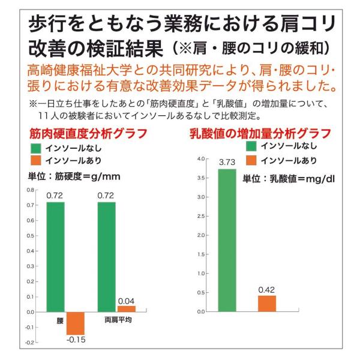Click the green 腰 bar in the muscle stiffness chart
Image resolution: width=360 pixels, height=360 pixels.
[55, 257]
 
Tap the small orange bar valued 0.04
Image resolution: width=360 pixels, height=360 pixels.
[126, 308]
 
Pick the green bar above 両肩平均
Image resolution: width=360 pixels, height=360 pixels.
[106, 257]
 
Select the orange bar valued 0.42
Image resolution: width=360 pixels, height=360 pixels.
[266, 304]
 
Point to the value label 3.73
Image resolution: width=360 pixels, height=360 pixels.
[226, 163]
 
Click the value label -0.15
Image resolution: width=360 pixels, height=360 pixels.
[76, 341]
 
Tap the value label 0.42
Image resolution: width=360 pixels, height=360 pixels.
[266, 290]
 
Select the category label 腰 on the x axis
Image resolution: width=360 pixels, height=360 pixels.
[59, 320]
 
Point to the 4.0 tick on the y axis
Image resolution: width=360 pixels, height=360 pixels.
[201, 159]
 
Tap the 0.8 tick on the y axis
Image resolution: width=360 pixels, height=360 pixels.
[31, 190]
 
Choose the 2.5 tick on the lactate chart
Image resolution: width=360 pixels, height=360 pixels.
[201, 216]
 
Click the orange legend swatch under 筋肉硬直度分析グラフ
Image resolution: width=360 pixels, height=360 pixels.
[36, 160]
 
